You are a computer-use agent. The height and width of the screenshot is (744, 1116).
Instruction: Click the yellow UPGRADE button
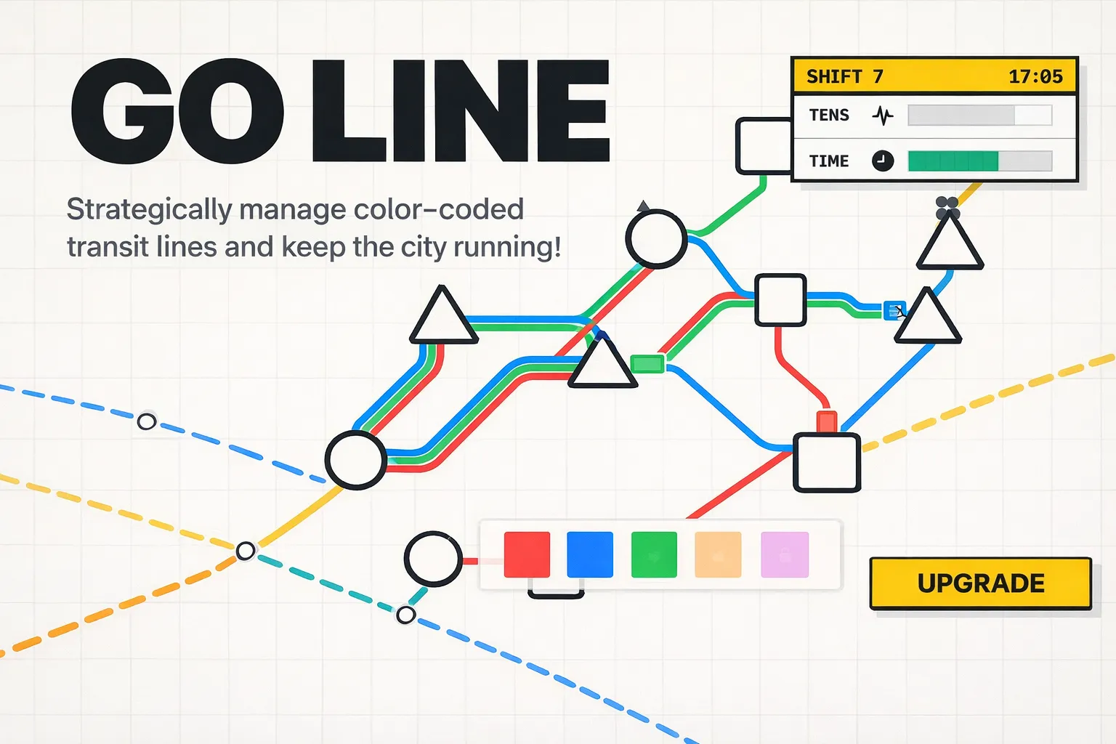(980, 583)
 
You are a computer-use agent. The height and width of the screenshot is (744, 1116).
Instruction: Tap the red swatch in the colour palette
(527, 554)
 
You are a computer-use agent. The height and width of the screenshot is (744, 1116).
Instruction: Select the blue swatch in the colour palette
(589, 554)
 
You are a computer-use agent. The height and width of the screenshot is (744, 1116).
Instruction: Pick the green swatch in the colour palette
(654, 554)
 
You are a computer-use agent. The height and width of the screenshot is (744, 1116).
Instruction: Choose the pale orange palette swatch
(718, 554)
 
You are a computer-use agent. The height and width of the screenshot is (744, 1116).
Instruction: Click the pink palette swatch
(784, 554)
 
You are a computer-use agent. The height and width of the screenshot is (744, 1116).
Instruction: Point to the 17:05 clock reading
(1035, 76)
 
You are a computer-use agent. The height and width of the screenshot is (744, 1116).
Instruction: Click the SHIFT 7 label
(845, 76)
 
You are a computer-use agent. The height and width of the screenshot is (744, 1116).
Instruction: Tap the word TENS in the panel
(829, 115)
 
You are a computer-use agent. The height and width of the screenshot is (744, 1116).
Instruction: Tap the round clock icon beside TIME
(882, 161)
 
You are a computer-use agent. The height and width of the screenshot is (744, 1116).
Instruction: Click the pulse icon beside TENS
(882, 115)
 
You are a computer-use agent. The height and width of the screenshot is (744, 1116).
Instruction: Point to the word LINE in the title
(461, 110)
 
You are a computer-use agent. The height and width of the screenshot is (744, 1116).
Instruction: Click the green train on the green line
(647, 363)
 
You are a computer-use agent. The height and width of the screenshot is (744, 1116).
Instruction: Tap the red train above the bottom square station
(826, 421)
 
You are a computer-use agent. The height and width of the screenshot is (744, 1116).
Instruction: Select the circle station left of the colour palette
(433, 559)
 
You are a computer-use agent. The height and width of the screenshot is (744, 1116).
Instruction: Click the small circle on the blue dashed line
(147, 421)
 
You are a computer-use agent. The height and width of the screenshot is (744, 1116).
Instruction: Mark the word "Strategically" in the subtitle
(148, 209)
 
